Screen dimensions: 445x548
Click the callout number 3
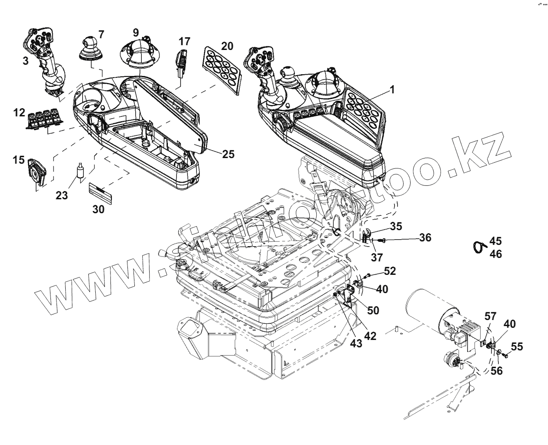coord(26,61)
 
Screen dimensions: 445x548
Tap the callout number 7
coord(101,34)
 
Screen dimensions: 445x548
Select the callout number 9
coord(136,32)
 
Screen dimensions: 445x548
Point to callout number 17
coord(184,42)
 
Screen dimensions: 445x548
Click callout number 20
coord(227,46)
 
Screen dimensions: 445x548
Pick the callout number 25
coord(228,154)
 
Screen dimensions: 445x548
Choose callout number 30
coord(99,209)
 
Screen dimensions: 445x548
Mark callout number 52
coord(390,271)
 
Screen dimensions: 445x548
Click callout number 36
coord(425,237)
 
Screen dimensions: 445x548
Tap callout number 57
coord(490,316)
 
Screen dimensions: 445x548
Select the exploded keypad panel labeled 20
coord(222,69)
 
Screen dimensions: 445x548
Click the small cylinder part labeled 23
coord(80,171)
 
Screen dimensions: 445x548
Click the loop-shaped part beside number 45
coord(479,247)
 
